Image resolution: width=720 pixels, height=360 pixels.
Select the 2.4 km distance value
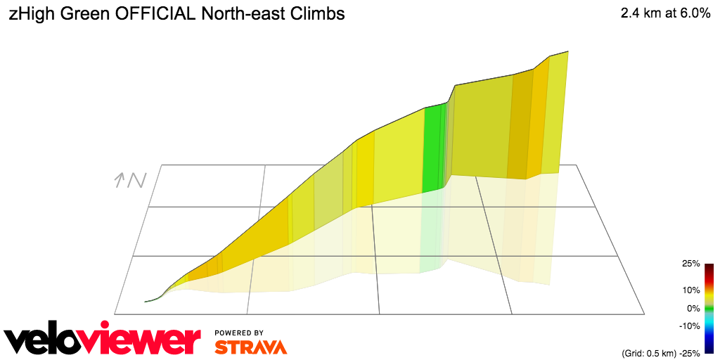point(641,13)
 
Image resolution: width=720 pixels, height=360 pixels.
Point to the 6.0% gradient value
point(693,13)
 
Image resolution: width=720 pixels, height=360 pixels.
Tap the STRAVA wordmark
point(251,347)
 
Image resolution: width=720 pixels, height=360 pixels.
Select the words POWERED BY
point(239,333)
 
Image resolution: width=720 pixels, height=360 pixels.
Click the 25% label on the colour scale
point(690,264)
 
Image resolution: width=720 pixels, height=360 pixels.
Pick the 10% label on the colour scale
point(690,290)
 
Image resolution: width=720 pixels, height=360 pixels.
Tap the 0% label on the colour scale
point(693,308)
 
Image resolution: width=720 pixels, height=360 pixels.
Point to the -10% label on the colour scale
point(689,326)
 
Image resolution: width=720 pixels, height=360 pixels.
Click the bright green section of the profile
point(434,148)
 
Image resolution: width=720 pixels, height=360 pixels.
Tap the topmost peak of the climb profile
point(567,51)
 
